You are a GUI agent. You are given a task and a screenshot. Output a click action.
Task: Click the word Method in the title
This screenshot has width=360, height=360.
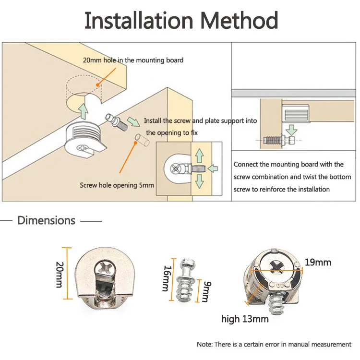tap(239, 21)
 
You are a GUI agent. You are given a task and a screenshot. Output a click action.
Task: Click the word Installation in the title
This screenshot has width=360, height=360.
tap(139, 21)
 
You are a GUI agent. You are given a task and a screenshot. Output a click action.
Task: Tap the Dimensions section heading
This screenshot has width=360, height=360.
tap(47, 220)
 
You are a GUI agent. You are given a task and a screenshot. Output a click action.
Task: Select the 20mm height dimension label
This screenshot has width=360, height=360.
tap(59, 275)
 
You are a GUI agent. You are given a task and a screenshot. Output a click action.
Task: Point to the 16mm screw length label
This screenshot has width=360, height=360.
tap(167, 278)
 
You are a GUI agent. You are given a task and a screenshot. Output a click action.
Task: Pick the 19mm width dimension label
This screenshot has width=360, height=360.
tap(318, 262)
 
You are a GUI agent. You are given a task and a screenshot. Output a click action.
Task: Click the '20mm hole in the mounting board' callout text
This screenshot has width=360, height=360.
tap(133, 60)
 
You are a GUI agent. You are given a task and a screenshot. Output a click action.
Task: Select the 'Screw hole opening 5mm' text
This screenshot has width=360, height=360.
tap(117, 185)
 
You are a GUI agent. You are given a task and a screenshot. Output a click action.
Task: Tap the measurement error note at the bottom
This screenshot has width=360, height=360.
tap(274, 344)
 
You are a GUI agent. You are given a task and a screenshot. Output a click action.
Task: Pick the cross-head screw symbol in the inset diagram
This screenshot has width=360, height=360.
tap(176, 168)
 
